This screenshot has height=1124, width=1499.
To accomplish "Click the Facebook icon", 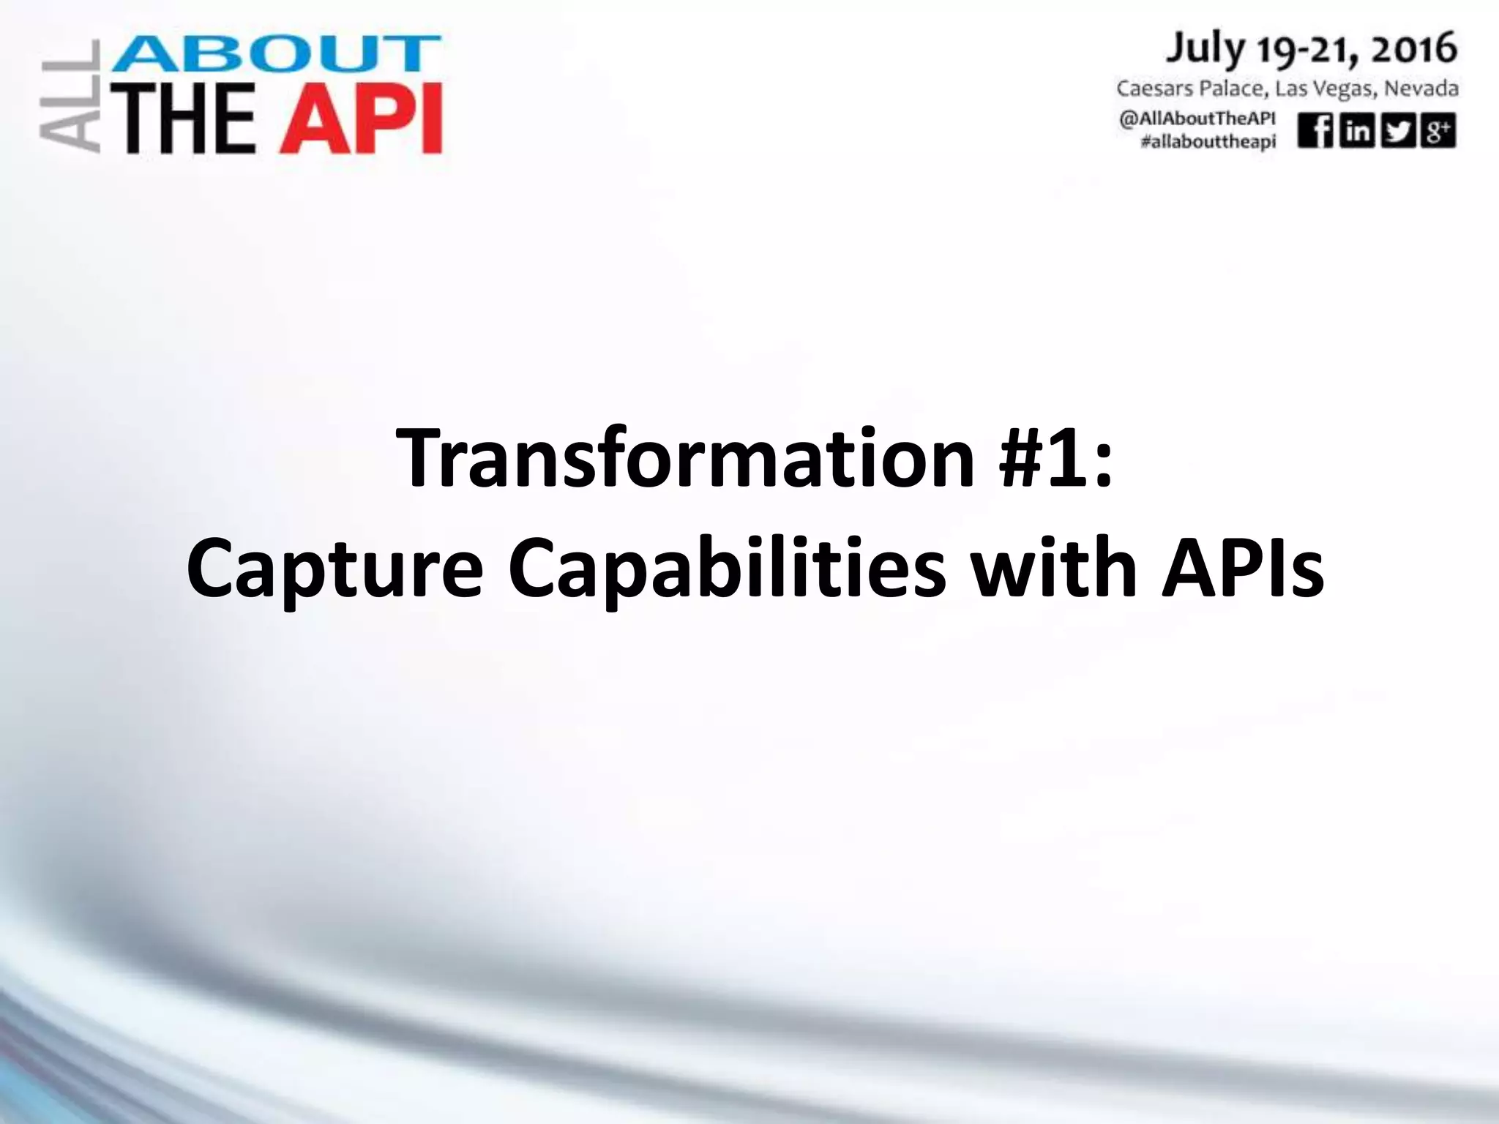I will pos(1315,132).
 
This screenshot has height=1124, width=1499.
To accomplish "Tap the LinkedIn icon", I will pos(1356,132).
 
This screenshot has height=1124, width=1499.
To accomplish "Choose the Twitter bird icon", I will pos(1397,132).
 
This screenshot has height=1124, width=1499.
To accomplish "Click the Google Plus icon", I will pos(1438,132).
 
